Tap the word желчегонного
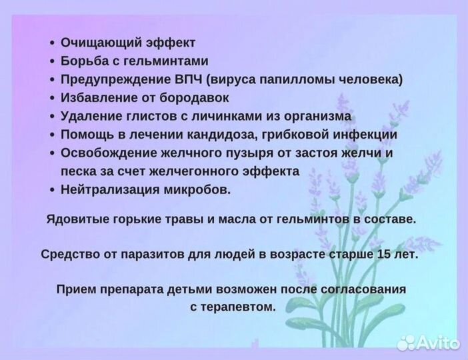(193, 171)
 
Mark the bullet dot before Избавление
(52, 99)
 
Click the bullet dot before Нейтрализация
(52, 190)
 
